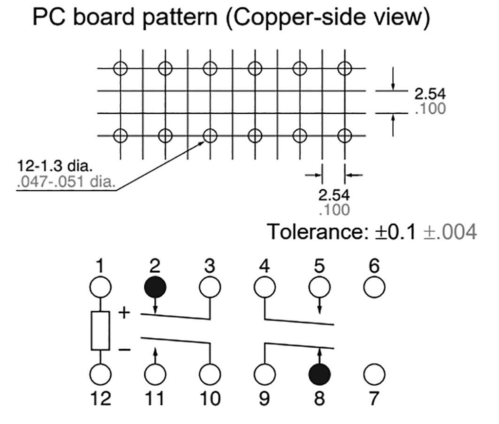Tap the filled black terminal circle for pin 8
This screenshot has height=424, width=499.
pos(320,374)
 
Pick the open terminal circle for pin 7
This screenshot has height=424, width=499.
pos(374,374)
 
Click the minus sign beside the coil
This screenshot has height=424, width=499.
pos(125,349)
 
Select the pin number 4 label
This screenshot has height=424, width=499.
pos(265,267)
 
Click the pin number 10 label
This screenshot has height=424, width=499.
pos(210,399)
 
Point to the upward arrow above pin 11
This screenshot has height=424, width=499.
pos(155,355)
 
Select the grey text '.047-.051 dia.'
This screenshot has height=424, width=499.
pos(65,183)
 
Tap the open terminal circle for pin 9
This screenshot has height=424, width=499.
pos(265,374)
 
